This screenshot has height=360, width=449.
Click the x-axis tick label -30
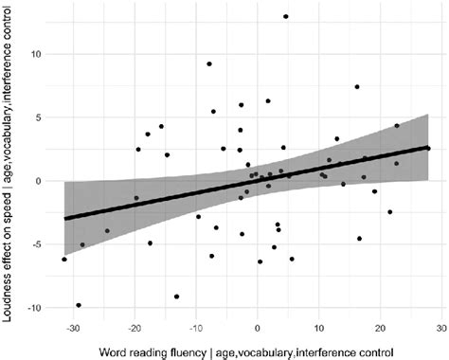click(73, 329)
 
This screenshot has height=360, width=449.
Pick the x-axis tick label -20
click(135, 329)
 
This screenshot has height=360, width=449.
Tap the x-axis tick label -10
click(195, 329)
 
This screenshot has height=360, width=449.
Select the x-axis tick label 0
click(259, 329)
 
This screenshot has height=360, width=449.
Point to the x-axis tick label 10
click(319, 329)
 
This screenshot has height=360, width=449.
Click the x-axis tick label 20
click(381, 329)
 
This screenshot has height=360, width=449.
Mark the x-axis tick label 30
click(441, 329)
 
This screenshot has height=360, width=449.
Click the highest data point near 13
click(285, 16)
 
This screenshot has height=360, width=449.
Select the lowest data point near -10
click(79, 305)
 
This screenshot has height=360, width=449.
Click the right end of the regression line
click(429, 148)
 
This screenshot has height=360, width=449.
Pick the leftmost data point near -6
click(64, 259)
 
